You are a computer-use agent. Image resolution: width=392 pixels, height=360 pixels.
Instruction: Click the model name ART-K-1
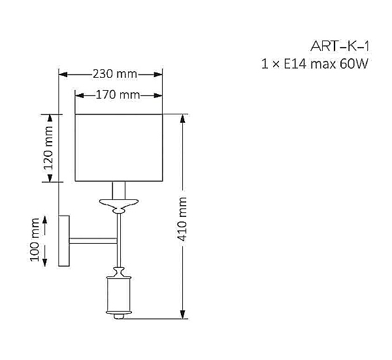(x=340, y=46)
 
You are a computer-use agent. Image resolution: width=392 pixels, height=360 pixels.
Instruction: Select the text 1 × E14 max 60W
(x=315, y=64)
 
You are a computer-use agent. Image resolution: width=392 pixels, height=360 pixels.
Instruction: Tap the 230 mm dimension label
(x=115, y=74)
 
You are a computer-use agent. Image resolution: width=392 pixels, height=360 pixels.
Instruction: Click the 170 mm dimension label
(x=118, y=95)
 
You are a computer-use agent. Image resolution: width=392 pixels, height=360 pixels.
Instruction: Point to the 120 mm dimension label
(x=48, y=148)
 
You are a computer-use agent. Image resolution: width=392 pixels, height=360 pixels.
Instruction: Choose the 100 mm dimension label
(x=35, y=240)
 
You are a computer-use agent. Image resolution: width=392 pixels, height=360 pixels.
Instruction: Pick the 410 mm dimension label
(x=182, y=219)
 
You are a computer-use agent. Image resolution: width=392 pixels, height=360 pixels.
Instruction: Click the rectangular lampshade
(x=119, y=148)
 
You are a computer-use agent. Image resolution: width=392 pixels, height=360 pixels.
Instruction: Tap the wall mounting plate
(x=64, y=240)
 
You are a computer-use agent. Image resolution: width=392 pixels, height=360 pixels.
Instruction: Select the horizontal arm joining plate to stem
(x=93, y=240)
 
